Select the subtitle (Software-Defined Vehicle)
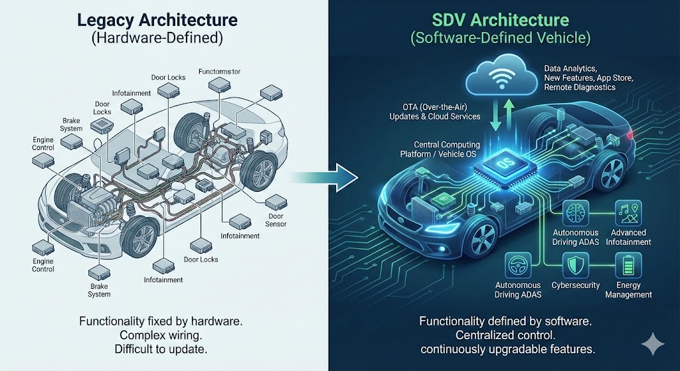click(x=500, y=38)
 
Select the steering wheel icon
click(x=518, y=266)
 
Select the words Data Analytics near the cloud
click(x=570, y=68)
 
